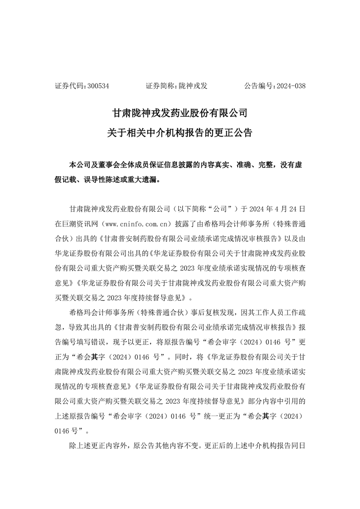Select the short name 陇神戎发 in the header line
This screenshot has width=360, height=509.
(x=193, y=85)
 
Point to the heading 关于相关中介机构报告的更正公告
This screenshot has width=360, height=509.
(x=180, y=133)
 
